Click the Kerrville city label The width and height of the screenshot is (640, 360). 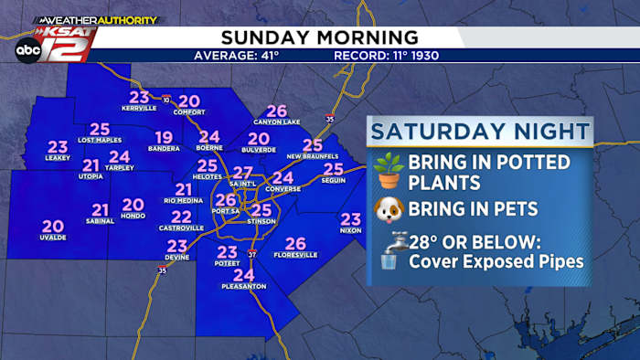pos(139,109)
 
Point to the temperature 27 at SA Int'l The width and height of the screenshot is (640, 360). pos(242,173)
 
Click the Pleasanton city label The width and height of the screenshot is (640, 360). pos(243,287)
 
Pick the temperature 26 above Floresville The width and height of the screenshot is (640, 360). pos(294,243)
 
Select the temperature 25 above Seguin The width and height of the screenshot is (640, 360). pos(333,169)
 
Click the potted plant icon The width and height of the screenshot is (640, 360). pos(389,171)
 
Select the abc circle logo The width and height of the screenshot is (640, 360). pos(27,50)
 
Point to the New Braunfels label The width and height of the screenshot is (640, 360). pos(313,156)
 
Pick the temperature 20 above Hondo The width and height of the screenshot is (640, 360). pos(133,205)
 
